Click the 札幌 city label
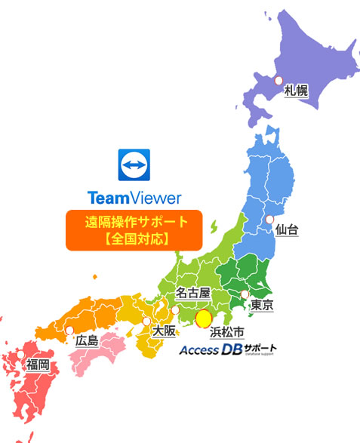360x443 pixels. coord(296,91)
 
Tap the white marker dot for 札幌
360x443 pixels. coord(278,80)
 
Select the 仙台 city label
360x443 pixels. coord(287,229)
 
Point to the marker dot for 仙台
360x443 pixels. coord(269,219)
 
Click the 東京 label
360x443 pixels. coord(262,305)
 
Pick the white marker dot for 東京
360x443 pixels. coord(244,294)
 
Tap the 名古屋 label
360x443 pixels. coord(192,291)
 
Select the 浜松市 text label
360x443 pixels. coord(226,331)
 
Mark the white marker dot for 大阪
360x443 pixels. coord(146,321)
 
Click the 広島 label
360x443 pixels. coord(87,341)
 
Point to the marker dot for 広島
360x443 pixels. coord(70,331)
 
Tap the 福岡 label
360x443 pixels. coord(38,365)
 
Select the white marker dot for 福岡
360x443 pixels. coord(21,355)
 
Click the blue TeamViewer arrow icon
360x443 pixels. coord(135,165)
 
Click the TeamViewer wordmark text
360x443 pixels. coord(134,198)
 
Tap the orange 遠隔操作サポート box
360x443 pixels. coord(134,230)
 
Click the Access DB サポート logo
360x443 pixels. coord(227,350)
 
